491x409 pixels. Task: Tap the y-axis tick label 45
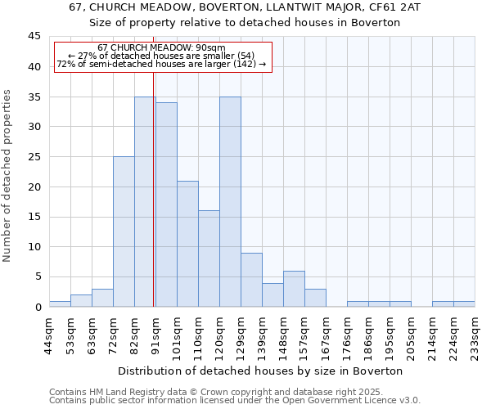(x=34, y=37)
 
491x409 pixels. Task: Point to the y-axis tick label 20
(x=34, y=187)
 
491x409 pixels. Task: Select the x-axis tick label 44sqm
(x=50, y=334)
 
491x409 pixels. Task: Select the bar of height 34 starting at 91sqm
(x=166, y=204)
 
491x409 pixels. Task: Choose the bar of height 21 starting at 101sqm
(x=187, y=244)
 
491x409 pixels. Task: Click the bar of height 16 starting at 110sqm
(x=209, y=258)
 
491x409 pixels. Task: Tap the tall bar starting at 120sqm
(x=230, y=201)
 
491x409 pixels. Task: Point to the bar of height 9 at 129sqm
(x=251, y=280)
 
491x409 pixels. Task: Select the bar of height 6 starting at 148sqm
(x=294, y=289)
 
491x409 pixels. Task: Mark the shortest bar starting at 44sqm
(x=60, y=303)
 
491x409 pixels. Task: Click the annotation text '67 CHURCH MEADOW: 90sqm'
(x=161, y=48)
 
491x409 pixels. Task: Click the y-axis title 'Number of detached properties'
(x=8, y=176)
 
